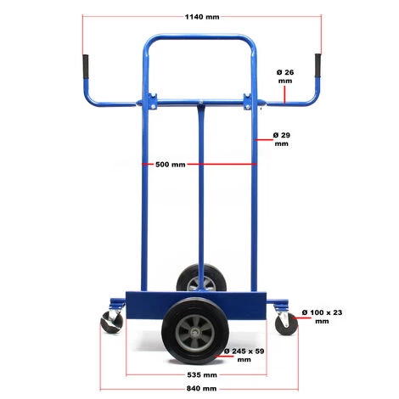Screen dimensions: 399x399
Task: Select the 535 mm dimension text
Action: (x=201, y=374)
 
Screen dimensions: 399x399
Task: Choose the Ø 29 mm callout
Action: (x=284, y=139)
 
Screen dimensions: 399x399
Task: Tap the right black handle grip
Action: (x=318, y=65)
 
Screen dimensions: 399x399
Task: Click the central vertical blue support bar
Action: (x=202, y=195)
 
